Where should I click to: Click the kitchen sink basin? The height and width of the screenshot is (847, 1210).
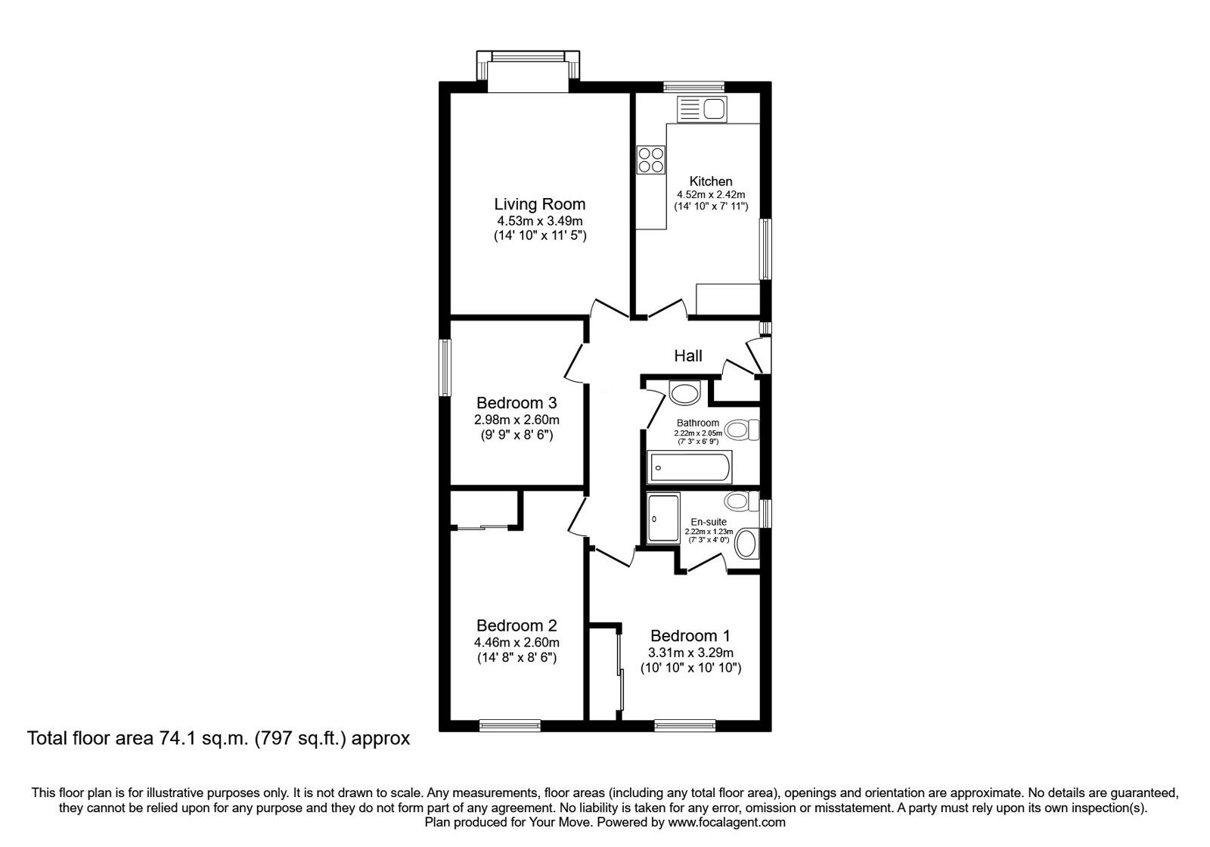tap(714, 110)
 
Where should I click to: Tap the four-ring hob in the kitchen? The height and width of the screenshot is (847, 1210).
tap(651, 160)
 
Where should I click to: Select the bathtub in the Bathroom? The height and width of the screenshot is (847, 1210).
tap(689, 467)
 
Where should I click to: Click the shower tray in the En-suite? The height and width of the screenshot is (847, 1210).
tap(663, 518)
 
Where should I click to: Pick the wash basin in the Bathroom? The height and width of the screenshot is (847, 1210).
tap(686, 393)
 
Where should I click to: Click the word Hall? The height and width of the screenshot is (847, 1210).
tap(688, 355)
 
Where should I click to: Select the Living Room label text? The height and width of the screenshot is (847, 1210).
tap(539, 204)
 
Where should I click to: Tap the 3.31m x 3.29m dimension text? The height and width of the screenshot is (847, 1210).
tap(690, 653)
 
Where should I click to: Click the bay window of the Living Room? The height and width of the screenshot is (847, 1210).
tap(529, 65)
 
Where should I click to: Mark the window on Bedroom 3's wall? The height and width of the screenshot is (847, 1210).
tap(446, 367)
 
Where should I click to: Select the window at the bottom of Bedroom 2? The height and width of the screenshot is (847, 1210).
tap(510, 724)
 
